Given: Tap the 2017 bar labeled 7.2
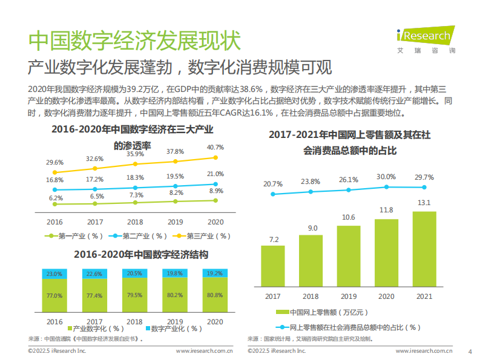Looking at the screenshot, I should [x=274, y=267].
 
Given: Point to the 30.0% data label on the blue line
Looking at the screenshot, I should [x=386, y=177].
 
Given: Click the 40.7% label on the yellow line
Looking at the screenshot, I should [x=215, y=147].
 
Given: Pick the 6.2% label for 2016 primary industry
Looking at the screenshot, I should [x=56, y=198].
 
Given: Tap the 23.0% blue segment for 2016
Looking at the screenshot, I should [x=54, y=274].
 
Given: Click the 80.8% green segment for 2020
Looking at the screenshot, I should [x=215, y=295].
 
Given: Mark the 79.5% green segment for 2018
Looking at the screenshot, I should [x=135, y=295].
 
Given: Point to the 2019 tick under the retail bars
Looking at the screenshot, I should [x=349, y=296].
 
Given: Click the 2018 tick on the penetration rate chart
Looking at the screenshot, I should [x=135, y=221].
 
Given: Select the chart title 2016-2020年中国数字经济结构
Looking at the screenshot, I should [x=133, y=255].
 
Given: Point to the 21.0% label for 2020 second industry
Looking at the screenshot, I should [x=215, y=174].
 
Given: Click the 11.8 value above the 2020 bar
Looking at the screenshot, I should [x=386, y=210].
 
